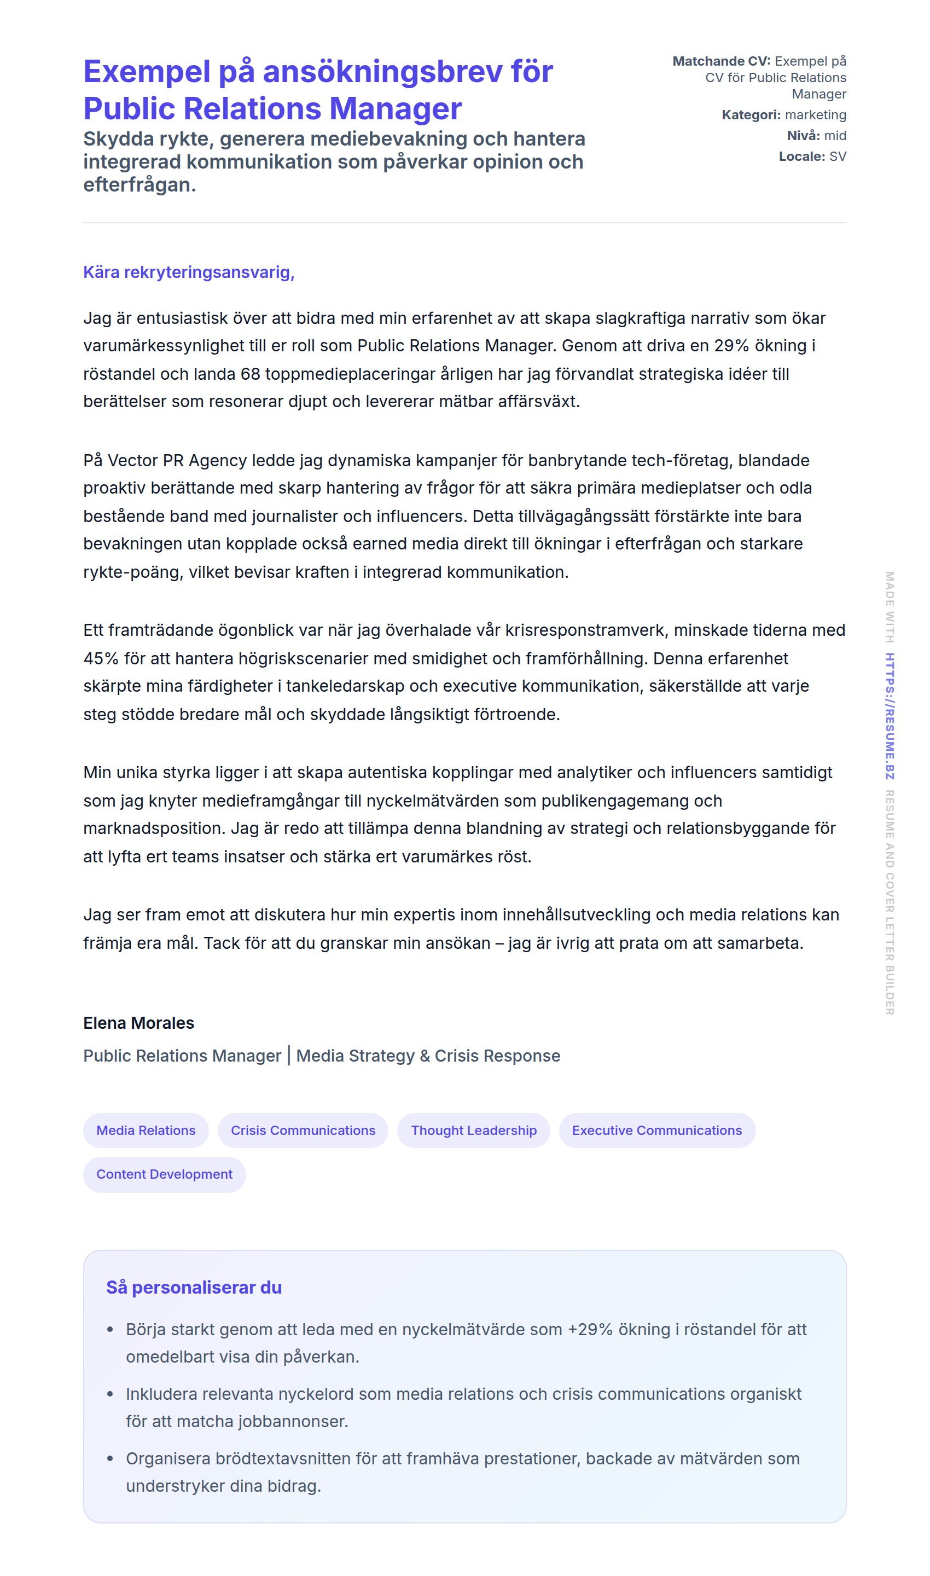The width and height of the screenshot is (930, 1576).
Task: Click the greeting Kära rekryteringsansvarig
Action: pos(189,272)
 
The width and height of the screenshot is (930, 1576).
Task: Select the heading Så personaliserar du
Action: pos(194,1288)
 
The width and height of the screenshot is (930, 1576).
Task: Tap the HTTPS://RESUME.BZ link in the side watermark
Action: pos(890,716)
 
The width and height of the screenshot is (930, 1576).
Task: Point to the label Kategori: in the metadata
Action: pos(751,115)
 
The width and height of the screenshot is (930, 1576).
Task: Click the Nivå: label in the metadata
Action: pos(803,135)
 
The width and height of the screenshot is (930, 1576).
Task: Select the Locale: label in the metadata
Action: pos(801,156)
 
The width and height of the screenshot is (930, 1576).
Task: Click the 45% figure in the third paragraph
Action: pos(102,658)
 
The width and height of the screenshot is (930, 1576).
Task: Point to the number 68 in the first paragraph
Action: pos(250,374)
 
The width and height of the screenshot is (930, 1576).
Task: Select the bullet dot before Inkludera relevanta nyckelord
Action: pos(111,1394)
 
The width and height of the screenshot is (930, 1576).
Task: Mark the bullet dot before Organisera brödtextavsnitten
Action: pos(111,1459)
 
